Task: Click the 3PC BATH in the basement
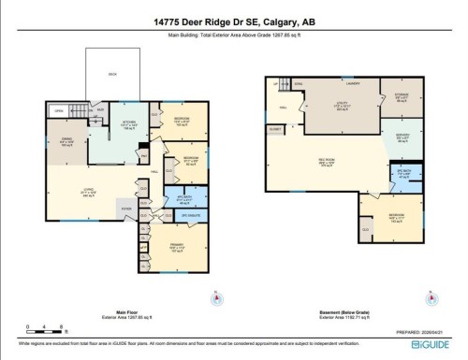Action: (404, 173)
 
